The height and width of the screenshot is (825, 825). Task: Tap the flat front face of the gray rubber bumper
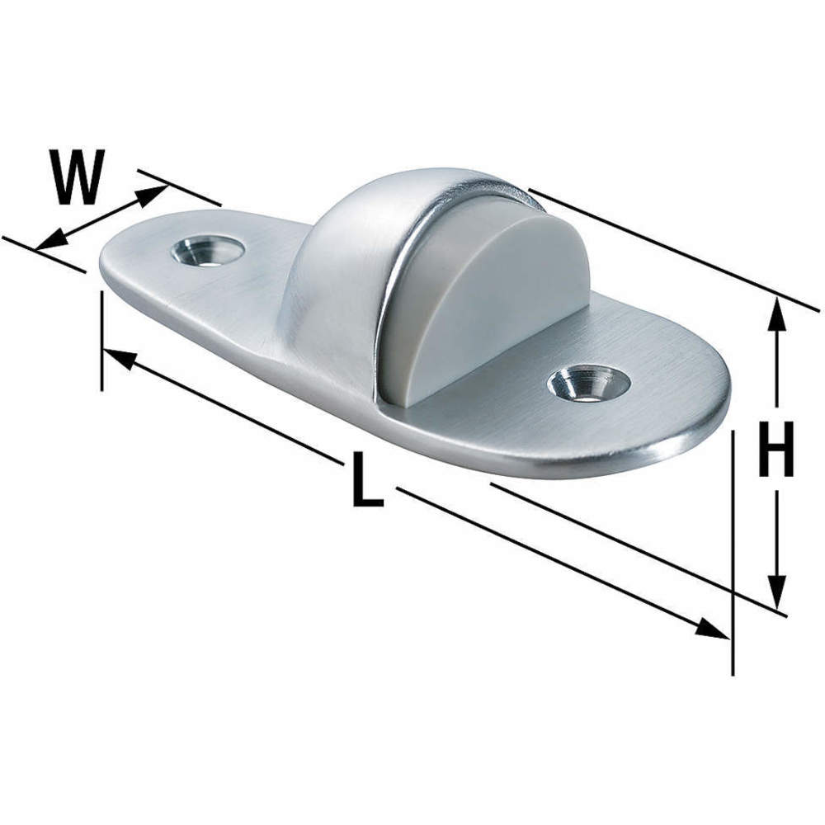(487, 305)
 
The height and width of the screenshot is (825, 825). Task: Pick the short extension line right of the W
(180, 188)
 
